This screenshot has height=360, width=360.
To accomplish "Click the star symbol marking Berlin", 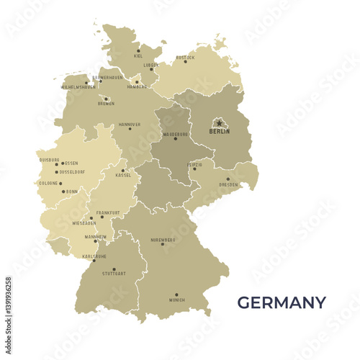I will [220, 123].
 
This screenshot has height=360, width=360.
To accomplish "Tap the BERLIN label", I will [220, 132].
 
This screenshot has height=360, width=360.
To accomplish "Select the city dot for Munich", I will [176, 294].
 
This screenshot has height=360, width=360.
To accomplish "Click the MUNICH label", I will [176, 300].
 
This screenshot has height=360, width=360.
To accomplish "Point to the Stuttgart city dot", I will [114, 269].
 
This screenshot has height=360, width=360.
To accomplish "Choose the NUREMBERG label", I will [163, 239].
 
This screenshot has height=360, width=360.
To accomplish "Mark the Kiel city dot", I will [138, 51].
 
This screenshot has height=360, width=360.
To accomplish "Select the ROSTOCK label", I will [185, 57].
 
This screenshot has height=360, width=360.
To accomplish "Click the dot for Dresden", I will [228, 179].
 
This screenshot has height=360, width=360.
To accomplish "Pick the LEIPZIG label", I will [194, 164].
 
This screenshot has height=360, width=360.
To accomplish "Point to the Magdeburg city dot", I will [175, 138].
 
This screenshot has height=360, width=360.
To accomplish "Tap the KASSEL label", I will [123, 175].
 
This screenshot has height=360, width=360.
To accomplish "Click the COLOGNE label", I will [48, 183].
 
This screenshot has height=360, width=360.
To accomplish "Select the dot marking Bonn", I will [63, 192].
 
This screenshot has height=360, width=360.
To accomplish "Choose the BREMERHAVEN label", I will [108, 77].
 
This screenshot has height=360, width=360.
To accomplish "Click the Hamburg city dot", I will [137, 81].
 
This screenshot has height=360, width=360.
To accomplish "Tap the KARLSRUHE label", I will [94, 256].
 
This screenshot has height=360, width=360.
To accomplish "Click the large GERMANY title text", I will [282, 302].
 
